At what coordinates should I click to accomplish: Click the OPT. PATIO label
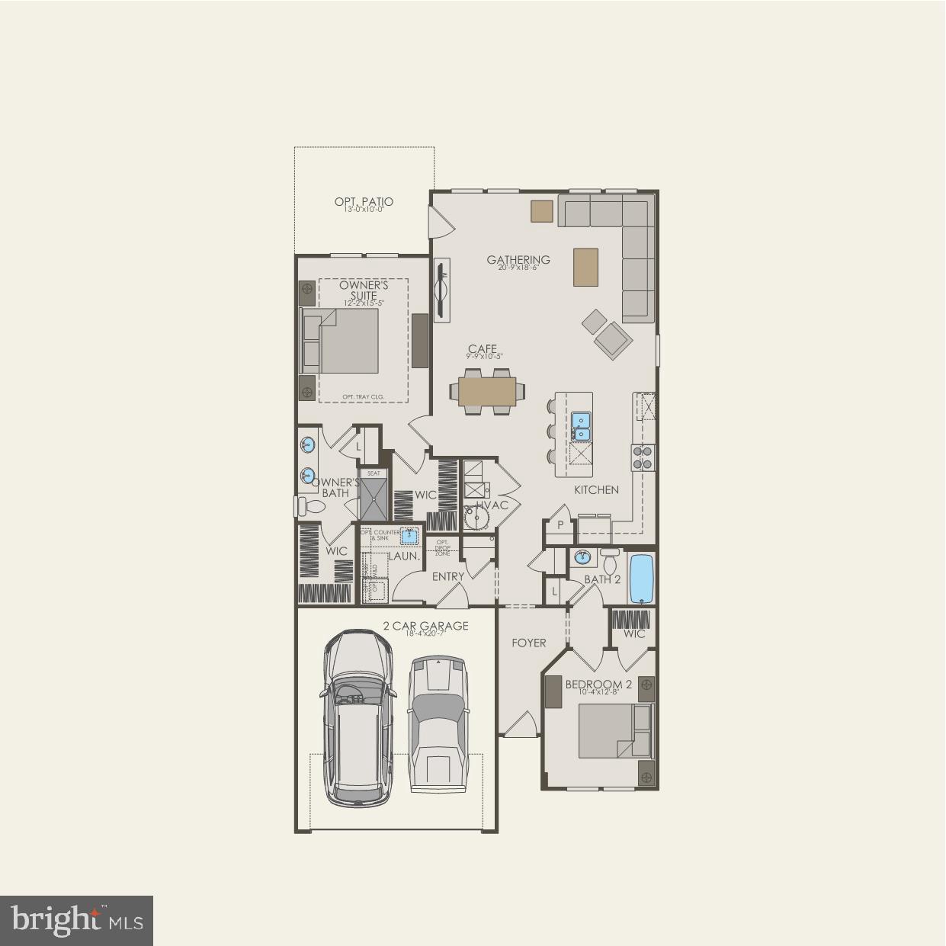coord(364,202)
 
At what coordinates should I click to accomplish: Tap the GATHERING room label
coord(518,260)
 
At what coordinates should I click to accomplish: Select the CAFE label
coord(483,350)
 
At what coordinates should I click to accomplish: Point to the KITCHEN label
coord(596,490)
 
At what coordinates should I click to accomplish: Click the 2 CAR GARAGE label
coord(425,626)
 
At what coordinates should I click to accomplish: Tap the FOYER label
coord(529,643)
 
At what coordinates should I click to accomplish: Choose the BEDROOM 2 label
coord(598,685)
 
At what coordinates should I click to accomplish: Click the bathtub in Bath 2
coord(641,578)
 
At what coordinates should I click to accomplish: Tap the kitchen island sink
coord(581,427)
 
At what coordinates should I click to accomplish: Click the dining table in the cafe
coord(487,391)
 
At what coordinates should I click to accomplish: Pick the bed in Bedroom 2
coord(614,730)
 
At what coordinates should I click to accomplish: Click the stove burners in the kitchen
coord(643,457)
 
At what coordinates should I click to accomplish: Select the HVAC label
coord(492,505)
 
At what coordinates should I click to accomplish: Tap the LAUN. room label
coord(404,556)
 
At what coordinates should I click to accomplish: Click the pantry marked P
coord(560,525)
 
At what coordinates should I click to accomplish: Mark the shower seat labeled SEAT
coord(374,473)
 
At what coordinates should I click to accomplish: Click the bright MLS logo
coord(77,920)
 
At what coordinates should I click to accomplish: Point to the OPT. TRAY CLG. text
coord(363,396)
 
